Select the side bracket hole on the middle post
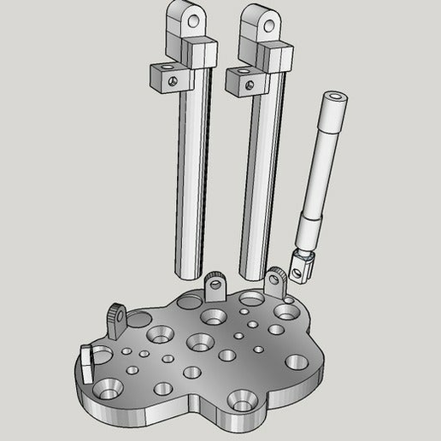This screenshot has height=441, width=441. coord(249,85)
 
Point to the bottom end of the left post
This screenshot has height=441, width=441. coord(188,272)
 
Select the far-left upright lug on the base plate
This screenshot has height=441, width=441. coord(118,317)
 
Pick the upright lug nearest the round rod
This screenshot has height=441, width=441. coord(276,283)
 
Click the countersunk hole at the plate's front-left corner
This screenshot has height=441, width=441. coord(110,390)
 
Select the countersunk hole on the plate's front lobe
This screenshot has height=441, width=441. coord(240,399)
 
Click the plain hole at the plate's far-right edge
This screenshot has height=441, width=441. coord(297,362)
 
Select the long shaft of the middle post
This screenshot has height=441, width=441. coord(261,179)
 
